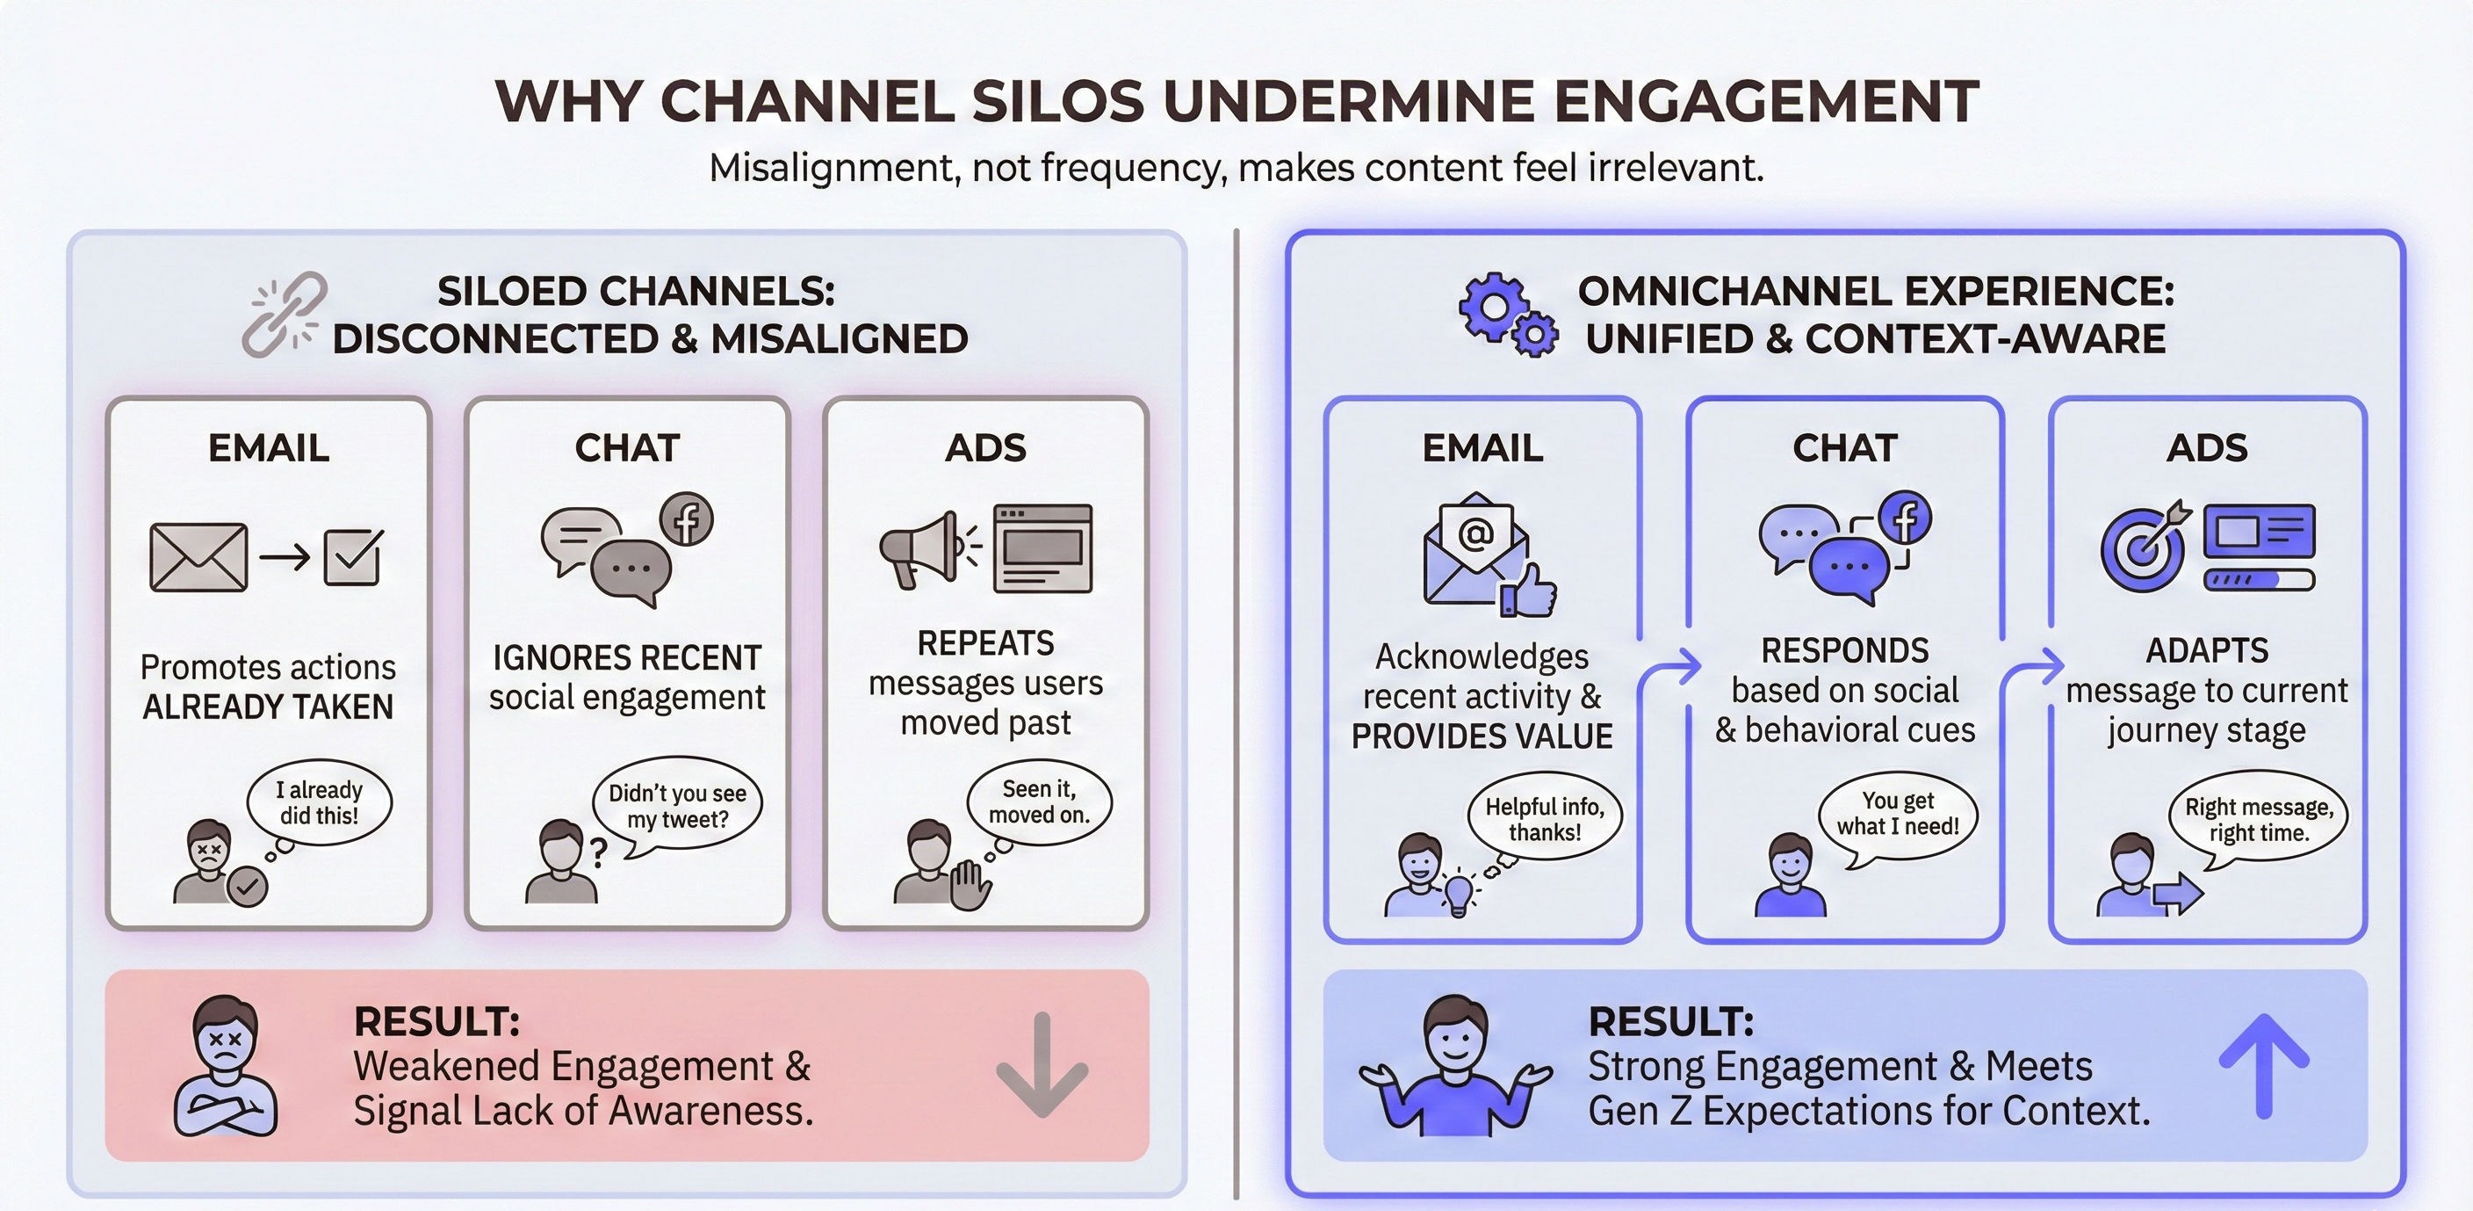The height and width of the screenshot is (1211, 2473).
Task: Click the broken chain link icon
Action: [x=285, y=314]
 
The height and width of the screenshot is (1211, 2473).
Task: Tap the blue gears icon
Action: [x=1506, y=315]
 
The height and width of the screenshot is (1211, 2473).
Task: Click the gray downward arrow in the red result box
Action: [x=1042, y=1065]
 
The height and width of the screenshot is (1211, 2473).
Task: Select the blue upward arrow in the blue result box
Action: [x=2263, y=1065]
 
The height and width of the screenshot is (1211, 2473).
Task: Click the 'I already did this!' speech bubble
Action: [x=319, y=803]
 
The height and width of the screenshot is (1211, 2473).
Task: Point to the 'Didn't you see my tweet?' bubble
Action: [x=677, y=806]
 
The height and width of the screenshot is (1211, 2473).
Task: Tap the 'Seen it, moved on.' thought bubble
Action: [x=1039, y=801]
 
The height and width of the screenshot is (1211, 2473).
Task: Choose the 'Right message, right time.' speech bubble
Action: [x=2258, y=819]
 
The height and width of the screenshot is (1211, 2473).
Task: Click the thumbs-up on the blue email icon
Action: [x=1531, y=591]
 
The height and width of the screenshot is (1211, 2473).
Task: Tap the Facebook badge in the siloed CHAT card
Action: [x=687, y=519]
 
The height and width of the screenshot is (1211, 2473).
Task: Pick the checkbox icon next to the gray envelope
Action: [x=353, y=557]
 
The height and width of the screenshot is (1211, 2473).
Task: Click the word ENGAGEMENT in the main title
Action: [x=1765, y=101]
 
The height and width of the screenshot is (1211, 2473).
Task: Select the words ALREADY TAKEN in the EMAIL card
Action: [x=268, y=707]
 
